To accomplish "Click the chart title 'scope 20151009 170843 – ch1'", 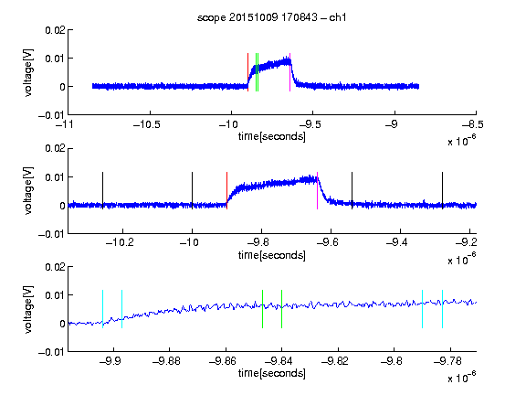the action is (272, 17).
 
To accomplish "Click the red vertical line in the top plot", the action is (247, 72).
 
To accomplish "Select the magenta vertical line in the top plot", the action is (289, 72).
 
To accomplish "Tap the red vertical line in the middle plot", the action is (226, 191).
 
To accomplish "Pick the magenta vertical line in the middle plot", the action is (318, 191).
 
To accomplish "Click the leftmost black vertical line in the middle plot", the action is (102, 191).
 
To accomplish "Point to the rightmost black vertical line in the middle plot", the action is (443, 191).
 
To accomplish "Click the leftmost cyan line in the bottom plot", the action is (102, 309).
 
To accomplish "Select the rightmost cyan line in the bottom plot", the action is (443, 309).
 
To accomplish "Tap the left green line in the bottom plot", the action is (262, 309).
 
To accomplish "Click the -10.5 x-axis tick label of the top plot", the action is (147, 125).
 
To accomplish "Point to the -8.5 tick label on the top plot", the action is (473, 125).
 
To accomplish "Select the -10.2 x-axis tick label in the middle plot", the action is (120, 242).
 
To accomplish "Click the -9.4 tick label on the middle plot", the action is (397, 242).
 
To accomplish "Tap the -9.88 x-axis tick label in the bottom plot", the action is (166, 361).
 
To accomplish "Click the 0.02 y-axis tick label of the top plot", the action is (56, 30).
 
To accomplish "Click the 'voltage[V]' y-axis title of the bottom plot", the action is (29, 310).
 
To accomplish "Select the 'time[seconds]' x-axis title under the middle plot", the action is (272, 255).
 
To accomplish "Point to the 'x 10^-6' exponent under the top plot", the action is (462, 141).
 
